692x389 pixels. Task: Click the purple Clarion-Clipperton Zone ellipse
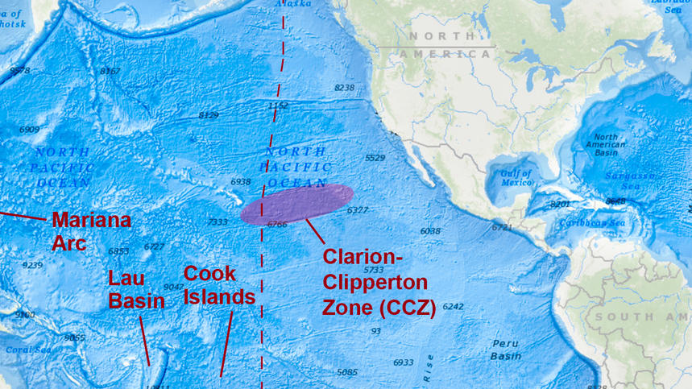[x=296, y=203]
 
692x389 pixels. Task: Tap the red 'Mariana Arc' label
[x=90, y=230]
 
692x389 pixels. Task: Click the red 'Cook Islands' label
[x=219, y=285]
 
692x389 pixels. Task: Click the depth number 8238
[x=344, y=87]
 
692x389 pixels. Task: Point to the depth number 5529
[x=375, y=158]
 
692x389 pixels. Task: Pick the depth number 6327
[x=357, y=210]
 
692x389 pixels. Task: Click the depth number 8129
[x=208, y=115]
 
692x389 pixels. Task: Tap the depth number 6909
[x=29, y=130]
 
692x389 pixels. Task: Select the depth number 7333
[x=217, y=221]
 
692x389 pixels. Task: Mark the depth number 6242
[x=453, y=307]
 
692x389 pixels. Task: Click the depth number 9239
[x=32, y=265]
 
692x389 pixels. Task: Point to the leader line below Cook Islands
[x=227, y=342]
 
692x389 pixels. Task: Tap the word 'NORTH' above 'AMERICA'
[x=440, y=36]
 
